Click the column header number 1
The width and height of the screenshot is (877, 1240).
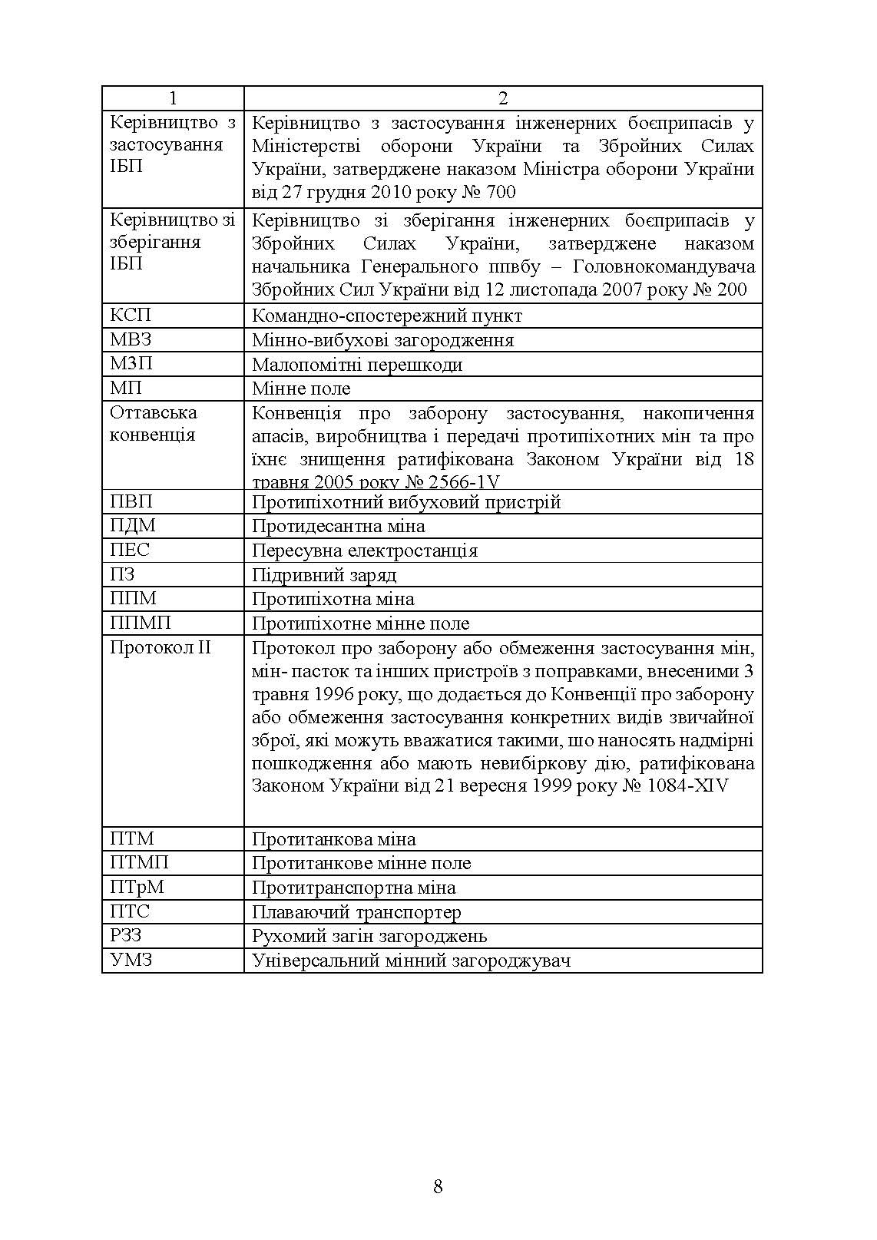pyautogui.click(x=173, y=98)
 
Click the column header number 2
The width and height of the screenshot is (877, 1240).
pyautogui.click(x=503, y=98)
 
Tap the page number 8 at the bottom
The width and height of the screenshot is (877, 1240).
pyautogui.click(x=438, y=1187)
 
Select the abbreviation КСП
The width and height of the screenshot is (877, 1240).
pyautogui.click(x=131, y=316)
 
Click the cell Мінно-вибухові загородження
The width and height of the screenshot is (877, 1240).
pyautogui.click(x=382, y=340)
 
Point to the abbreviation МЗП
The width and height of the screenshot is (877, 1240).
pyautogui.click(x=131, y=364)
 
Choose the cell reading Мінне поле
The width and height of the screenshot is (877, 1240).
pyautogui.click(x=301, y=389)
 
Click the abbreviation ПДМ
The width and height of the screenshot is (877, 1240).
pyautogui.click(x=132, y=526)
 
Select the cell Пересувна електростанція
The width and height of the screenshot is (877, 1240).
pyautogui.click(x=365, y=551)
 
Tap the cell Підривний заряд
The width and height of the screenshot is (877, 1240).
pyautogui.click(x=324, y=575)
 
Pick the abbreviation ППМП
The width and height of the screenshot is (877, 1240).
pyautogui.click(x=140, y=623)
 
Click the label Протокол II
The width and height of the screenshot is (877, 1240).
pyautogui.click(x=160, y=647)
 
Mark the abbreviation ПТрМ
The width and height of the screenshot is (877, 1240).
pyautogui.click(x=137, y=888)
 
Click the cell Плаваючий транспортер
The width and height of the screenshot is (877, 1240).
pyautogui.click(x=356, y=912)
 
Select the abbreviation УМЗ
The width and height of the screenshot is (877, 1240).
pyautogui.click(x=131, y=960)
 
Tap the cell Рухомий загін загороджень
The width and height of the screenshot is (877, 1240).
pyautogui.click(x=369, y=936)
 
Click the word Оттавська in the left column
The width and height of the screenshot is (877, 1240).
pyautogui.click(x=154, y=412)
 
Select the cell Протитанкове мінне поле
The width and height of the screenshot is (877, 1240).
pyautogui.click(x=361, y=863)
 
